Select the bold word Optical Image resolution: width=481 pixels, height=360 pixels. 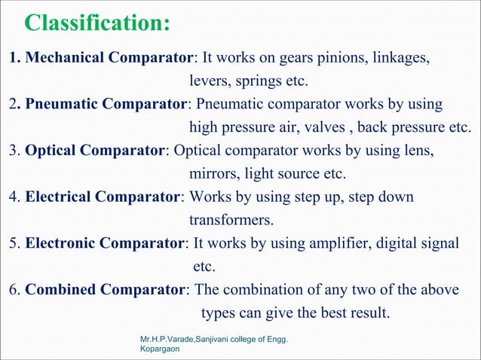(x=51, y=150)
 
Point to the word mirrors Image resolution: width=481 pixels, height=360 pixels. (x=214, y=173)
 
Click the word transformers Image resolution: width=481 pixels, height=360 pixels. (x=230, y=221)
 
